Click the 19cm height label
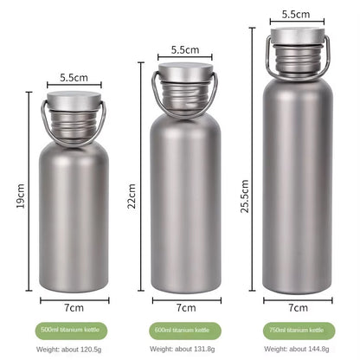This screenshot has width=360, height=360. (21, 196)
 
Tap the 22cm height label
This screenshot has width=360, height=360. (132, 196)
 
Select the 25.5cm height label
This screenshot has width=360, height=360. (245, 196)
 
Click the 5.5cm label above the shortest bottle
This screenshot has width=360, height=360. (74, 77)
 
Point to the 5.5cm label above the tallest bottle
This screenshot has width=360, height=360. (296, 14)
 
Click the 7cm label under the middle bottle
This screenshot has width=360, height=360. (186, 308)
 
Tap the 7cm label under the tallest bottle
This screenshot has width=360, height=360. (299, 308)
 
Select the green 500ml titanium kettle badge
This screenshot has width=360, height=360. (71, 331)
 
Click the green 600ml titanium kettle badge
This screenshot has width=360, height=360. (185, 331)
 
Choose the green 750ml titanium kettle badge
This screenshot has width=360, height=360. (299, 331)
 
